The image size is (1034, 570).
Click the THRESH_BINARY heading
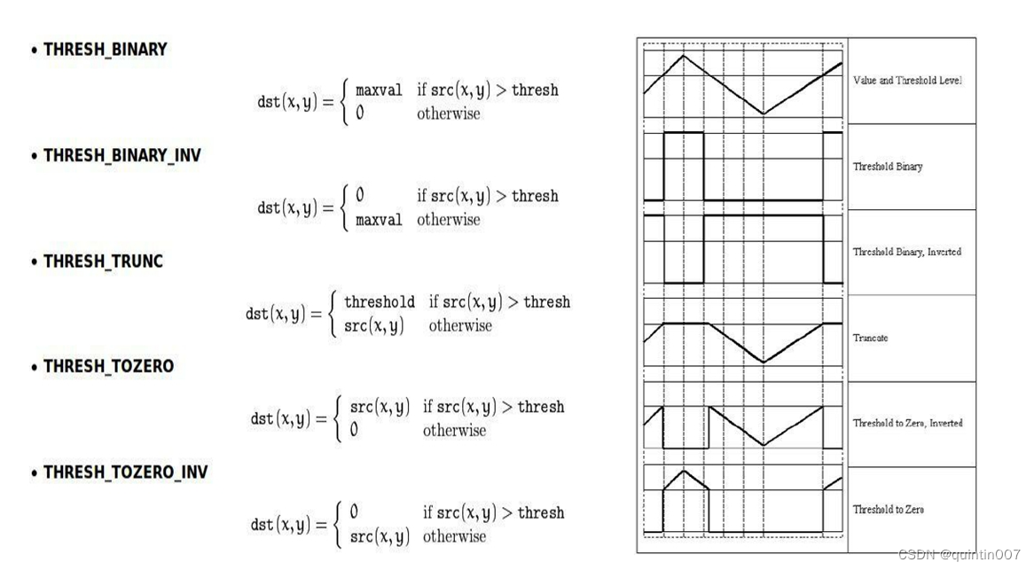point(105,50)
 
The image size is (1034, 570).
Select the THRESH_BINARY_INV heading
point(121,156)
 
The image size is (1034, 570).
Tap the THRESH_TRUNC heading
point(103,262)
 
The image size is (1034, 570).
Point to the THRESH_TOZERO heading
point(108,366)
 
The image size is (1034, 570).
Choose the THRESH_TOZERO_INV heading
point(125,472)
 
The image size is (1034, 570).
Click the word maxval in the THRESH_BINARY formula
point(379,90)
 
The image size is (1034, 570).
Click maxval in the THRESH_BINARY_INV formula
point(379,220)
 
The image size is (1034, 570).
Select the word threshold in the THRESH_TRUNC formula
point(380,302)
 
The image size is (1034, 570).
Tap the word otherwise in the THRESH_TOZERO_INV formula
point(454,536)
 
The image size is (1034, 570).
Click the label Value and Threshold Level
point(907,81)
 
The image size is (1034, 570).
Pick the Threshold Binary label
point(888,167)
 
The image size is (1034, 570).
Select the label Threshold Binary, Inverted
point(907,252)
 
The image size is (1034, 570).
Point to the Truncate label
point(871,338)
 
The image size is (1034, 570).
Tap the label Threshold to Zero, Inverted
point(908,423)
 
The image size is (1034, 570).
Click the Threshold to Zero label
point(889,510)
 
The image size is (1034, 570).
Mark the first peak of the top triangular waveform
point(683,56)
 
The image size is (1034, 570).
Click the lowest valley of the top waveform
point(764,114)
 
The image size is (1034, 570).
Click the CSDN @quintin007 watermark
point(960,555)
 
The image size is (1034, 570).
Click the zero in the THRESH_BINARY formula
point(360,113)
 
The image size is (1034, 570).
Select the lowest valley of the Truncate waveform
point(764,362)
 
